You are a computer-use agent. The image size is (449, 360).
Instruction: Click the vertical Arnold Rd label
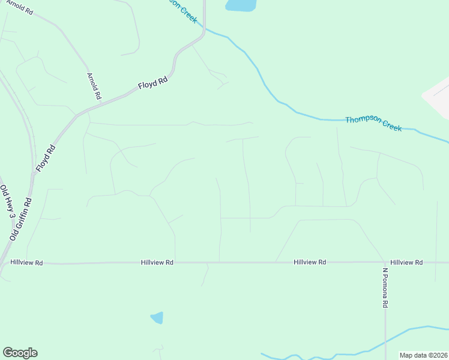[x=94, y=86]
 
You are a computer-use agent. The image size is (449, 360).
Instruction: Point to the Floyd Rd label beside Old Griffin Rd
[x=46, y=158]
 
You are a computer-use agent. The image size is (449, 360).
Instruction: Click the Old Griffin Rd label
[x=20, y=218]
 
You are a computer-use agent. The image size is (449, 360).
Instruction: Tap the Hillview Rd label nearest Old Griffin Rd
[x=26, y=263]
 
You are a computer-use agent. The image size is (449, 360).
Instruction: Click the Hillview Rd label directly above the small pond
[x=157, y=263]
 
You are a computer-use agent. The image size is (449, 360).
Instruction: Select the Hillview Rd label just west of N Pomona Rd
[x=310, y=262]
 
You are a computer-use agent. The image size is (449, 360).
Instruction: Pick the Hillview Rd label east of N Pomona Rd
[x=406, y=262]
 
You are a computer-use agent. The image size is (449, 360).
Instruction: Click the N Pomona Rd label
[x=385, y=288]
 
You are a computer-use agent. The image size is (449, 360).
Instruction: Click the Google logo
[x=20, y=353]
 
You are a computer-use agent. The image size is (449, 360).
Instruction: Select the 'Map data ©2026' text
[x=423, y=355]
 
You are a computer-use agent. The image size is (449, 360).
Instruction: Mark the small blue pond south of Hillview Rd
[x=157, y=317]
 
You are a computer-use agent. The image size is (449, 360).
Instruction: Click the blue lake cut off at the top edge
[x=241, y=5]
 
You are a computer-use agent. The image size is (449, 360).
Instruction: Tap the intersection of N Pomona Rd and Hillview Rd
[x=385, y=262]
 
